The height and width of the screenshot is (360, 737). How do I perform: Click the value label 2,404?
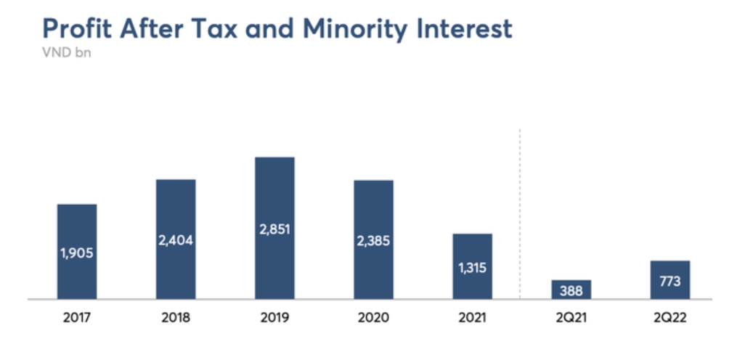coord(176,240)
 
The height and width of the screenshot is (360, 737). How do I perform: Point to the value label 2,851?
coord(274,229)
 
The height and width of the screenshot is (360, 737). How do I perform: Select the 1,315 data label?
coord(472,268)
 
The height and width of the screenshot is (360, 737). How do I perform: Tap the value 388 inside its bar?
coord(571,291)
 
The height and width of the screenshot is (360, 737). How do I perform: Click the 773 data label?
coord(670,281)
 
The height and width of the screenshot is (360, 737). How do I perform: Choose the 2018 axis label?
coord(176,318)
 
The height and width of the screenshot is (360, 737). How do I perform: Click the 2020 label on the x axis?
coord(373,318)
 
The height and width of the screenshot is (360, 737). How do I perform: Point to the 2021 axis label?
coord(472,318)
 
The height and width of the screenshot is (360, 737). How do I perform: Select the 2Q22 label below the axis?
coord(670,318)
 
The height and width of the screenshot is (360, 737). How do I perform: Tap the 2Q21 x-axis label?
coord(571,318)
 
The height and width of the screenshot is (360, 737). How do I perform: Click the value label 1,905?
coord(77,254)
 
